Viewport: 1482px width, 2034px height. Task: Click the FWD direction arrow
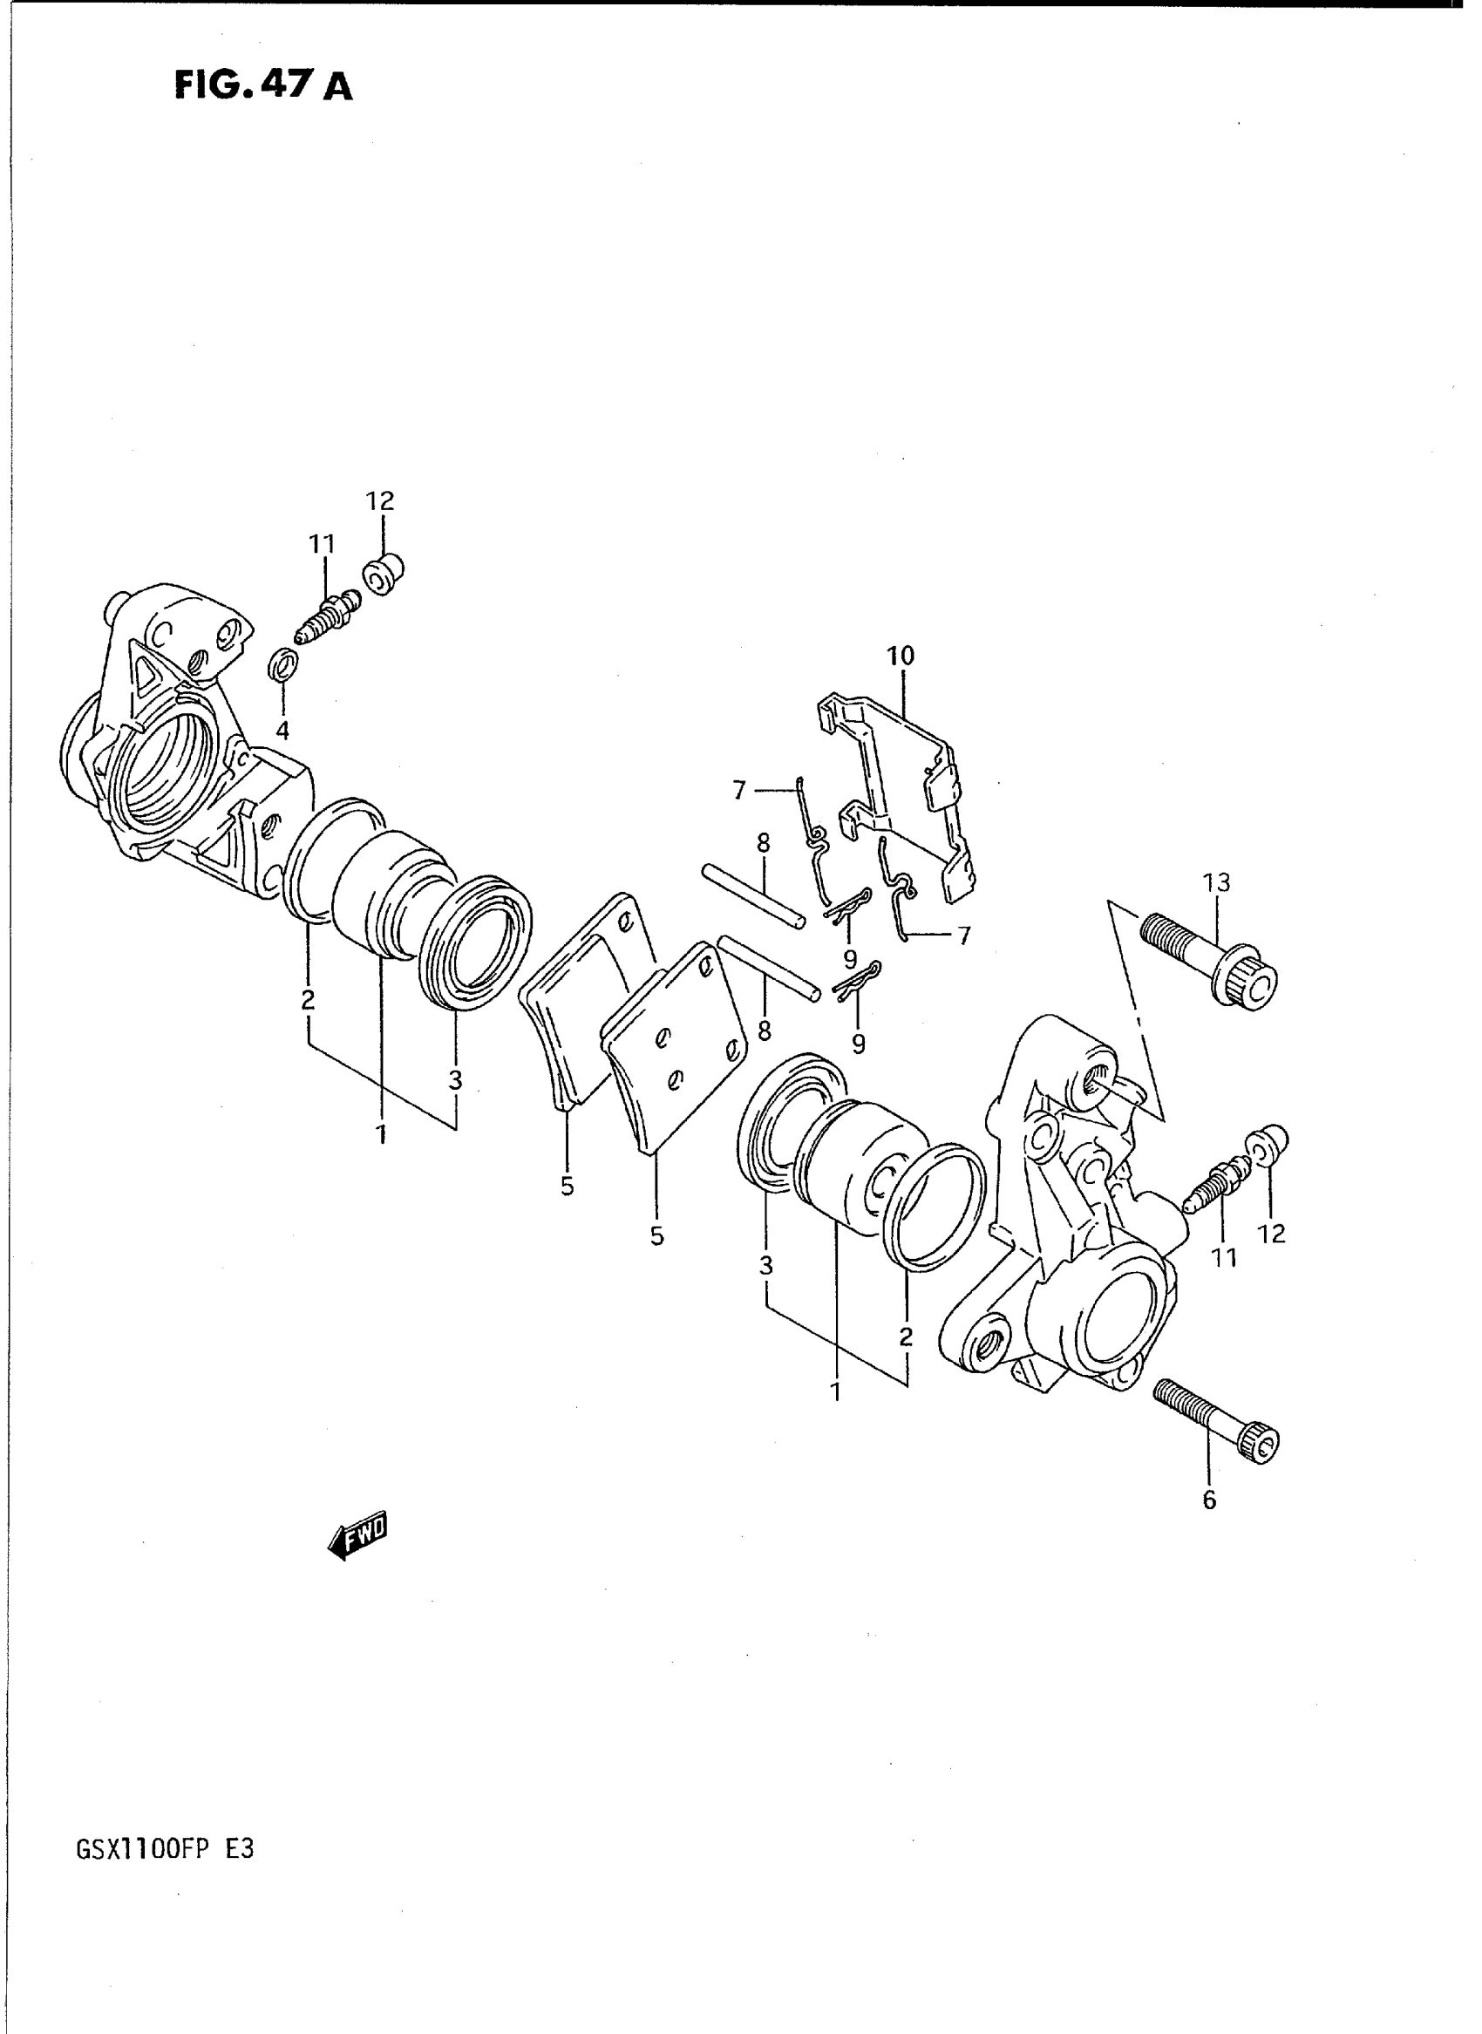(360, 1536)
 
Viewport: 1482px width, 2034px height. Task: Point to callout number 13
(1216, 882)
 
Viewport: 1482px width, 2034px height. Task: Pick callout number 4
(282, 731)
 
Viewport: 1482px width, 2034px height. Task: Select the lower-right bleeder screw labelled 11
(1217, 1182)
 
